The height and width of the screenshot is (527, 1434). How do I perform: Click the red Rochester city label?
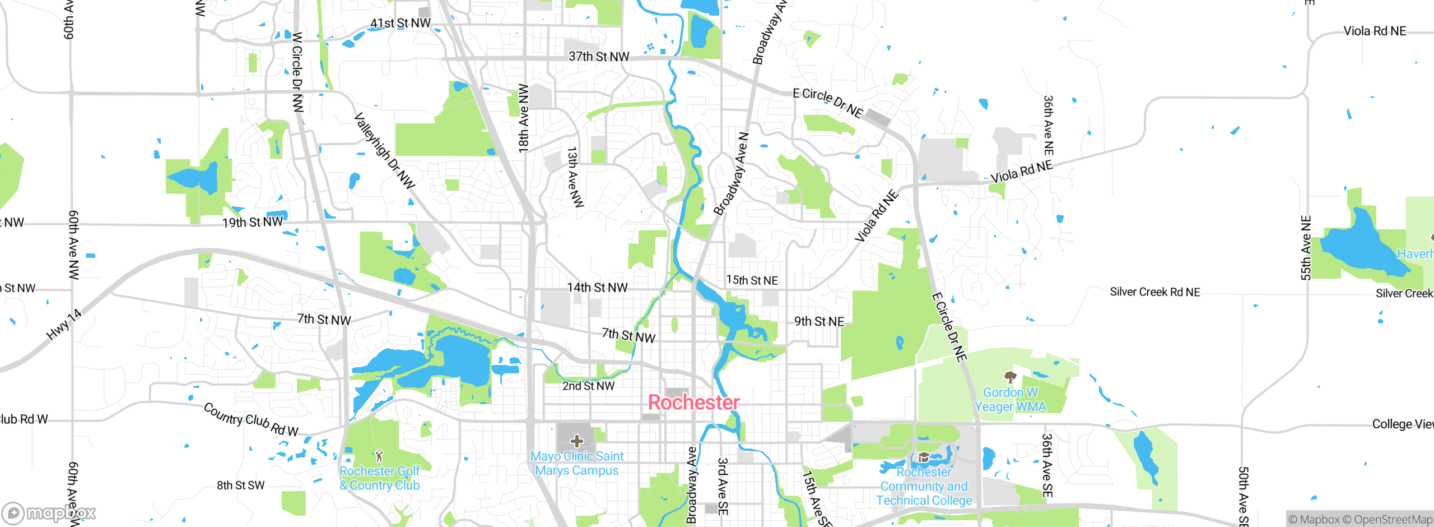[x=693, y=403]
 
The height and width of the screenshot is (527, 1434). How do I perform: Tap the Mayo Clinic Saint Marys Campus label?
[x=576, y=464]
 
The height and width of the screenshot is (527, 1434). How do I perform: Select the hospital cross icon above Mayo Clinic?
[x=577, y=441]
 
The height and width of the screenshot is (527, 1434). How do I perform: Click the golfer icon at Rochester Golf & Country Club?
[x=379, y=455]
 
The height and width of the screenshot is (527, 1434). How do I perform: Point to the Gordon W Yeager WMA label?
[x=1010, y=400]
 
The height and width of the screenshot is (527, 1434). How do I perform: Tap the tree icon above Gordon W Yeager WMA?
[x=1010, y=377]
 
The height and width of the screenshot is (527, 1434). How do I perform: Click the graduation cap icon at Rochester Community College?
[x=924, y=457]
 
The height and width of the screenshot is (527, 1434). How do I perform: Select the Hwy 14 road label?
[x=64, y=325]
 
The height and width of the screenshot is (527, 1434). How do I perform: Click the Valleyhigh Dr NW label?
[x=384, y=150]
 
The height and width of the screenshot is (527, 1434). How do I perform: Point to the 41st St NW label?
[x=400, y=24]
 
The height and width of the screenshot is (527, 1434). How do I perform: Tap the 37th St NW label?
[x=599, y=57]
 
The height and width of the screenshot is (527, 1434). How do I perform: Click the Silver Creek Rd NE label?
[x=1154, y=292]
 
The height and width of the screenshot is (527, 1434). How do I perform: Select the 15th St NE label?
[x=752, y=280]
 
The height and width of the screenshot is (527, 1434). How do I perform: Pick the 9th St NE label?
[x=819, y=322]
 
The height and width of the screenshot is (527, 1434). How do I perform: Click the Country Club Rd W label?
[x=250, y=419]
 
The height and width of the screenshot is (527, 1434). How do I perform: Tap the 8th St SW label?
[x=240, y=486]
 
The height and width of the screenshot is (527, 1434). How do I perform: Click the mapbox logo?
[x=49, y=512]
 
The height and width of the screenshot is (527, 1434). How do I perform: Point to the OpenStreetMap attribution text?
[x=1391, y=520]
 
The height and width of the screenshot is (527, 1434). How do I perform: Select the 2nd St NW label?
[x=588, y=386]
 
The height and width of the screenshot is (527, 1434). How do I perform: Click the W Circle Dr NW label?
[x=297, y=72]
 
